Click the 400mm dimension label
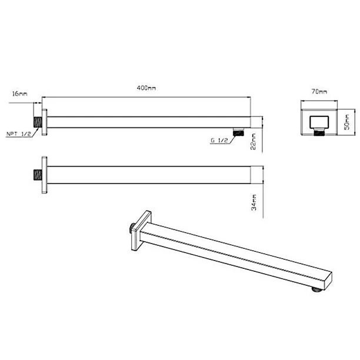[146, 88]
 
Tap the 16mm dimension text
[20, 94]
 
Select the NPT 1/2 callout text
[19, 134]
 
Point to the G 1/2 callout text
[219, 141]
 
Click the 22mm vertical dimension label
[253, 141]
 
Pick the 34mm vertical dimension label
[254, 202]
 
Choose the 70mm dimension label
[319, 91]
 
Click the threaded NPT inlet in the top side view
[38, 122]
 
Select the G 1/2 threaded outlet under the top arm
[239, 132]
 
